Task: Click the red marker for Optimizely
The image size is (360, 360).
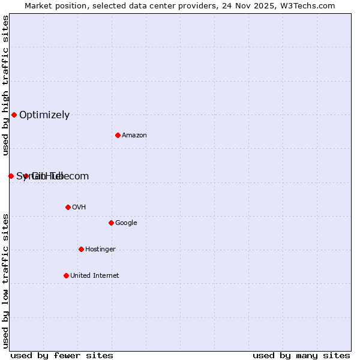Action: tap(14, 115)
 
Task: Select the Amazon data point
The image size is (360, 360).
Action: tap(118, 135)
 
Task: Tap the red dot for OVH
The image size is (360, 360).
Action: tap(68, 207)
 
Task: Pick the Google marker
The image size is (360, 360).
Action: tap(111, 223)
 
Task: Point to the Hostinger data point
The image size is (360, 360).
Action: tap(81, 249)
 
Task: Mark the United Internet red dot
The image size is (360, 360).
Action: tap(66, 275)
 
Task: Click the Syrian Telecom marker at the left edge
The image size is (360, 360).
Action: tap(11, 176)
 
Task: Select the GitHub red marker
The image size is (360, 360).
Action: tap(26, 176)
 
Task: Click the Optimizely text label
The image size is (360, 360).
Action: tap(44, 115)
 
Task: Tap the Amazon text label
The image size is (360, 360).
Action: tap(134, 136)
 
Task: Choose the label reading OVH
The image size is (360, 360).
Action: tap(79, 208)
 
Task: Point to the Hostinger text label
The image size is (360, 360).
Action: tap(100, 250)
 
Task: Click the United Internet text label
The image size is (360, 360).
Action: tap(94, 276)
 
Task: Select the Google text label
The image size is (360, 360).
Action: tap(126, 223)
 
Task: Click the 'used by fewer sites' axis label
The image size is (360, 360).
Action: tap(62, 355)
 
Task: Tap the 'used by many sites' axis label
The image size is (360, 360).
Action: tap(301, 355)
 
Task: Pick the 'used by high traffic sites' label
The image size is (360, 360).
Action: tap(5, 85)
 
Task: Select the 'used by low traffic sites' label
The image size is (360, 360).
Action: tap(5, 281)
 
